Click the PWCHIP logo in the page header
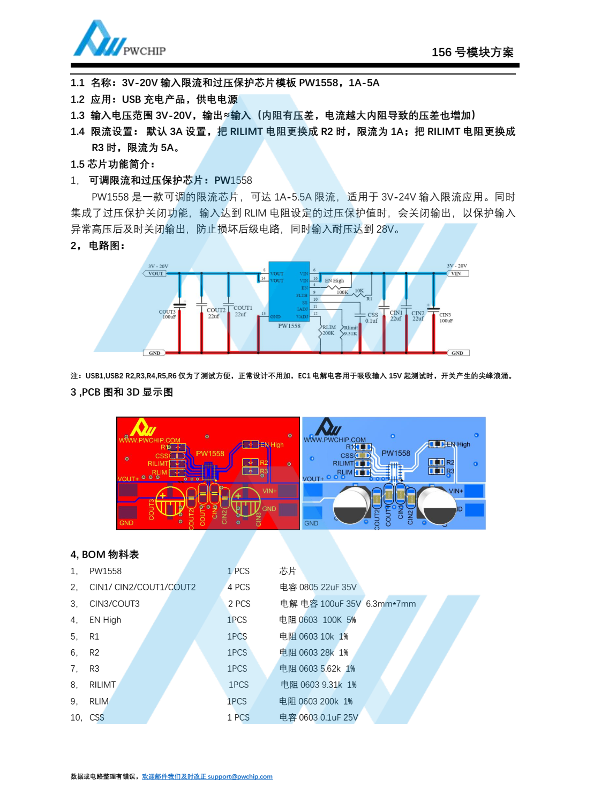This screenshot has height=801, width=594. (119, 40)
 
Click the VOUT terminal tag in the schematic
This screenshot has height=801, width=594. (155, 273)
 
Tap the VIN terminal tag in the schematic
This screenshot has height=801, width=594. (457, 273)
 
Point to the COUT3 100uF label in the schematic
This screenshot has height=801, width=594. (168, 314)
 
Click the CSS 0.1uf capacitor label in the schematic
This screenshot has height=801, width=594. (372, 318)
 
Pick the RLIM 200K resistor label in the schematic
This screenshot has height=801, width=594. (328, 330)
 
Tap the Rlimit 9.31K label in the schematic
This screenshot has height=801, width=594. (351, 331)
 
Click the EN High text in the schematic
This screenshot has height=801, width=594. (334, 280)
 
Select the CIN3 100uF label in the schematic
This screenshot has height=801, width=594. (446, 318)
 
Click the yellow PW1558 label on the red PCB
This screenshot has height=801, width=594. (210, 454)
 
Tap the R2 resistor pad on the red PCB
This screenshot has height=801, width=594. (251, 462)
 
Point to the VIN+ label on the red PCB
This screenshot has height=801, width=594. (269, 491)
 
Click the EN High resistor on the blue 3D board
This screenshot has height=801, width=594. (437, 444)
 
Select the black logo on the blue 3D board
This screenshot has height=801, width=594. (328, 427)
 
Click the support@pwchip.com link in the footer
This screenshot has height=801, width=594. (240, 777)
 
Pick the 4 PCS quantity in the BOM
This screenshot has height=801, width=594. (238, 588)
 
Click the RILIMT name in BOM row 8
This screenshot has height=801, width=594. (102, 685)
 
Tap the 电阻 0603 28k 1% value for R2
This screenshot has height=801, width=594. (314, 652)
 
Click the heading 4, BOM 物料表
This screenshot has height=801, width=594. (105, 555)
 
